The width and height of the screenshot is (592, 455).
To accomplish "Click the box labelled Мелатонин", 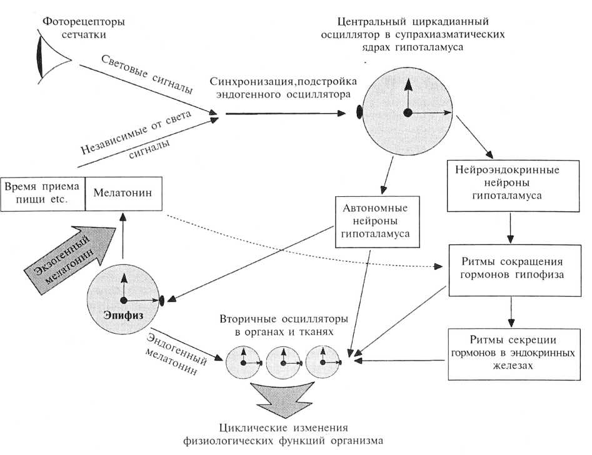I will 123,194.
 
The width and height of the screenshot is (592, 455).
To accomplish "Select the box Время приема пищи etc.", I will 42,194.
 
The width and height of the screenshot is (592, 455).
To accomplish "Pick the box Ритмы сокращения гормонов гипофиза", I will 510,268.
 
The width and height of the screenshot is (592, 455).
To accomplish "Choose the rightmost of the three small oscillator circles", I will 323,361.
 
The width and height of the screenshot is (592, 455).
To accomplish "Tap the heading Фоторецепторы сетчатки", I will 84,28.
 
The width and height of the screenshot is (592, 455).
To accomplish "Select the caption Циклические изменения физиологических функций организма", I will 282,435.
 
